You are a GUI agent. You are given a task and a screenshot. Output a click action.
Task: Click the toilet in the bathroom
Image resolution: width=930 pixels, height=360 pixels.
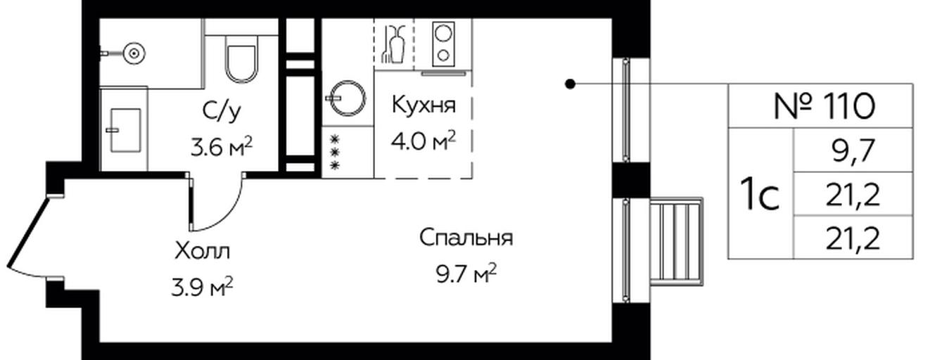click(241, 59)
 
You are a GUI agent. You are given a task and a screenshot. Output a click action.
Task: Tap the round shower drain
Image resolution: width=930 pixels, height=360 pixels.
click(134, 53)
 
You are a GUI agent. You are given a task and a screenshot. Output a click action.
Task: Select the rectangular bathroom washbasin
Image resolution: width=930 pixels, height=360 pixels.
click(125, 130)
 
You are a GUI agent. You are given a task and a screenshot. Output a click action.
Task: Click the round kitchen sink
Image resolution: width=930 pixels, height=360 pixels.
click(346, 98)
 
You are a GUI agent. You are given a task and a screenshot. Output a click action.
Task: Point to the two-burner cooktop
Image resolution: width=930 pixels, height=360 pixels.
click(443, 44)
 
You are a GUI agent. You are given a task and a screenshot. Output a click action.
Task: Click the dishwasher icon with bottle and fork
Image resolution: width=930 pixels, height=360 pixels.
click(393, 44)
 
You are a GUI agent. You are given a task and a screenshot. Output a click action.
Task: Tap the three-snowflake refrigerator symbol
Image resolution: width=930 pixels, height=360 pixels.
click(335, 152)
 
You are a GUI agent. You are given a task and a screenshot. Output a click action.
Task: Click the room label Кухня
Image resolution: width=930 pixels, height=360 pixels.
click(423, 105)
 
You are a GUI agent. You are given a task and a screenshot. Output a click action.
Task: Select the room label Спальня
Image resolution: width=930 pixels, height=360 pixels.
click(466, 238)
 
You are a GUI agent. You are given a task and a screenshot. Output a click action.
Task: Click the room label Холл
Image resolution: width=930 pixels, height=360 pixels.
click(202, 251)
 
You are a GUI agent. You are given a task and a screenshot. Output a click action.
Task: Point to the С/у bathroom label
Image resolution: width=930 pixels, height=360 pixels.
click(222, 112)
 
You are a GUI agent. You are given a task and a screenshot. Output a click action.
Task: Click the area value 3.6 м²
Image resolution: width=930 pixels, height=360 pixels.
click(222, 147)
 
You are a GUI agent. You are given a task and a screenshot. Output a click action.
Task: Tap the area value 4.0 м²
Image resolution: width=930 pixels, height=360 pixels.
click(423, 141)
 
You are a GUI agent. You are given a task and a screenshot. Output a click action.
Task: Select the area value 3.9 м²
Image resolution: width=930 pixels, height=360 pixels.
click(202, 287)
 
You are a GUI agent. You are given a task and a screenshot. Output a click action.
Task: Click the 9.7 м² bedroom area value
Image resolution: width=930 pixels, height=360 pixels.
click(466, 274)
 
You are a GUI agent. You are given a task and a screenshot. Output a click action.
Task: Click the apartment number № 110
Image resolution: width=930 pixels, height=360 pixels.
click(824, 106)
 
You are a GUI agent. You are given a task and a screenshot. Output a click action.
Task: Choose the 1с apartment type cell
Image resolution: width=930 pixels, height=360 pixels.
click(760, 193)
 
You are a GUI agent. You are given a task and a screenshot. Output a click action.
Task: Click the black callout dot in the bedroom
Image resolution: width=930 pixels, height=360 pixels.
click(571, 84)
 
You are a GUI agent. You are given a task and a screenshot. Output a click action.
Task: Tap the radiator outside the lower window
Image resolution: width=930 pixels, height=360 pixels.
click(676, 241)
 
